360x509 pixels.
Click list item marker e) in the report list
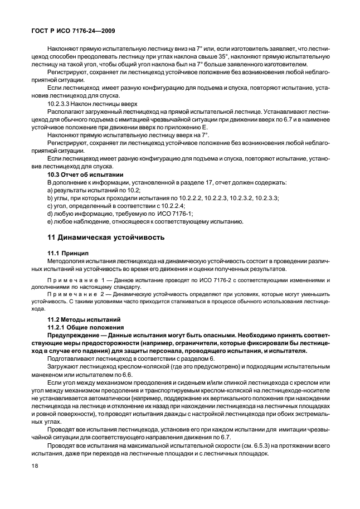[50, 222]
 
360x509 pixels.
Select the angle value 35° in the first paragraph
[245, 56]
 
